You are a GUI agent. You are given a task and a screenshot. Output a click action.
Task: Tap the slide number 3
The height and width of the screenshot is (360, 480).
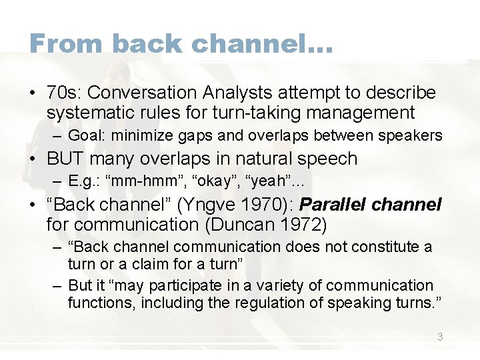(439, 337)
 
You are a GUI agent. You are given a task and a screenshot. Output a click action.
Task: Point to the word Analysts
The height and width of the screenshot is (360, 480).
(231, 93)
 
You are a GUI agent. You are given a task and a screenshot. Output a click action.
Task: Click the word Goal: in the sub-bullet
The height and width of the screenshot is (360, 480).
(87, 136)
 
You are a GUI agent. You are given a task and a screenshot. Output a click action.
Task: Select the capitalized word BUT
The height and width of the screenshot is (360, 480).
(65, 159)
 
